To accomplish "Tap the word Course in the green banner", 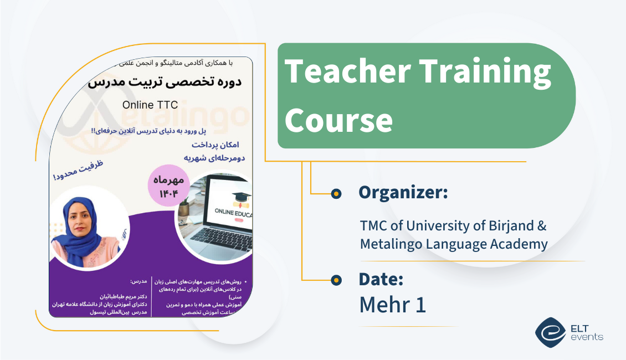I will tap(338, 120).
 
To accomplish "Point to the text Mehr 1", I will tap(393, 305).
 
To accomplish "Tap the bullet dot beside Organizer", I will tap(335, 193).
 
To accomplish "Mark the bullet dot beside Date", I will tap(335, 280).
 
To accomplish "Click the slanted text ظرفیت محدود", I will tap(78, 171).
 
